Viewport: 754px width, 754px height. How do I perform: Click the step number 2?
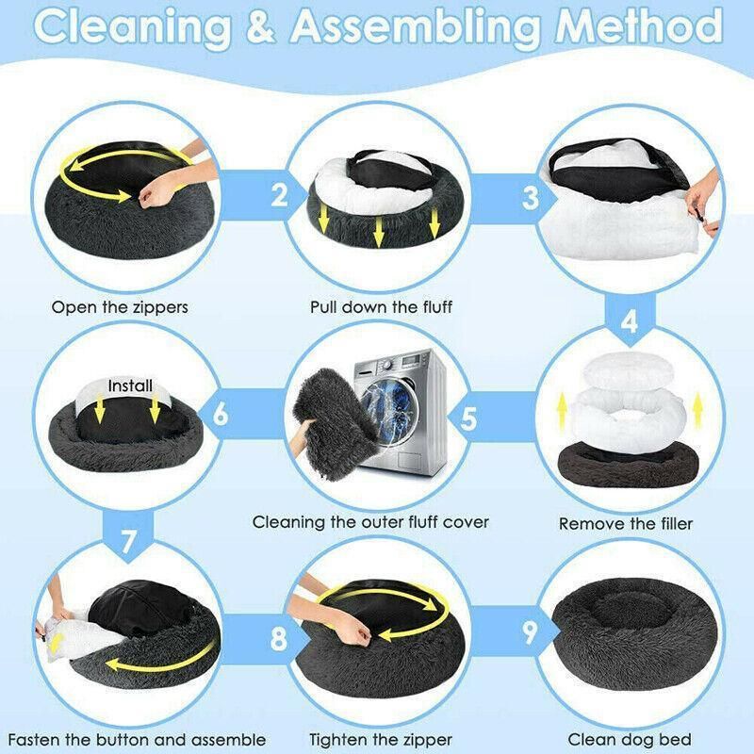coord(279,194)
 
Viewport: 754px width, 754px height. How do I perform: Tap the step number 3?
coord(531,198)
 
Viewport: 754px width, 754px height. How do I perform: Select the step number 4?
coord(630,321)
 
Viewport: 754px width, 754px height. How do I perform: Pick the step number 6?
coord(221,414)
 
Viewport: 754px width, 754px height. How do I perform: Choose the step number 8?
coord(279,639)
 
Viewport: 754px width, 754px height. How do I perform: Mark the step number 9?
coord(530,632)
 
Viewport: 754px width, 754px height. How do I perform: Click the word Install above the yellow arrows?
coord(130,385)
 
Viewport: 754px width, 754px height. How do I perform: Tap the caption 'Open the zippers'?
coord(120,307)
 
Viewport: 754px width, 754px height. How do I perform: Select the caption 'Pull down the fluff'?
coord(381,307)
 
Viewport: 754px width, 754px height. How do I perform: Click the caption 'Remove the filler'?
coord(626,524)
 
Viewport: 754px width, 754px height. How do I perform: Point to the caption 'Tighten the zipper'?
coord(381,739)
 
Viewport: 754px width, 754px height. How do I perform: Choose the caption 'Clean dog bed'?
coord(630,739)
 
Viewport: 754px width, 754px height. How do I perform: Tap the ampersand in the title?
coord(261,25)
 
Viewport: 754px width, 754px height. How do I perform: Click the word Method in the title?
coord(639,25)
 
